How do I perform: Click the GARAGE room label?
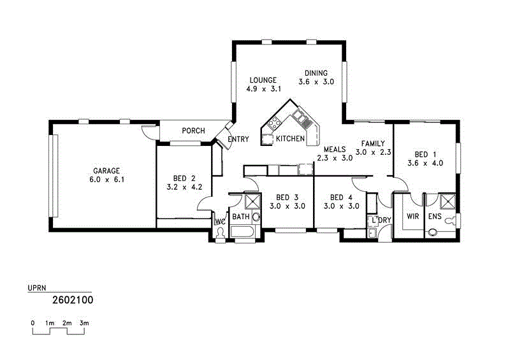pos(106,171)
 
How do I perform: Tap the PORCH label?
pos(193,131)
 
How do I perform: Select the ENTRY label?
pos(238,140)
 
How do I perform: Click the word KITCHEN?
pos(290,138)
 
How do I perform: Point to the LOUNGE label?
pos(263,80)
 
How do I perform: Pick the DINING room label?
pos(316,73)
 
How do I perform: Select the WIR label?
pos(412,217)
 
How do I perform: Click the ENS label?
pos(435,217)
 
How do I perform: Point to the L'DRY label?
pos(381,221)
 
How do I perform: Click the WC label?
pos(221,222)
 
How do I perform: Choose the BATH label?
pos(240,217)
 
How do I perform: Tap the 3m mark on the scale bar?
pos(84,324)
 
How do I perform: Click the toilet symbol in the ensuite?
pos(451,220)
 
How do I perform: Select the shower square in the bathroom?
pos(253,201)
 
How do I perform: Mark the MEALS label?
pos(334,149)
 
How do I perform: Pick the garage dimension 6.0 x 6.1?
pos(106,180)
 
